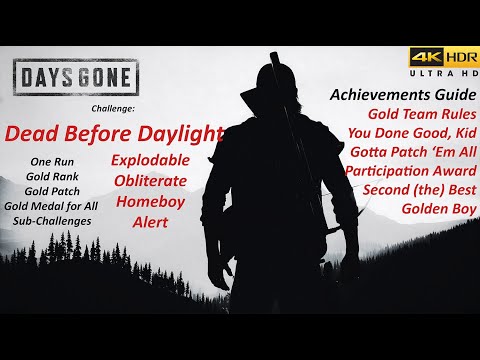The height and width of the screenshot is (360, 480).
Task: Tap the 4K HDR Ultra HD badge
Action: coord(441,64)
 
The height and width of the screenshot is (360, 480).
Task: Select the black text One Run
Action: coord(52,160)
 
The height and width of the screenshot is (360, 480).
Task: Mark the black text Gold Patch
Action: coord(52,190)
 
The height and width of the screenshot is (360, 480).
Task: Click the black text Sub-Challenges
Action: coord(52,220)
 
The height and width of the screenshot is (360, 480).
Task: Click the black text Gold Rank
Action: coord(52,175)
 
